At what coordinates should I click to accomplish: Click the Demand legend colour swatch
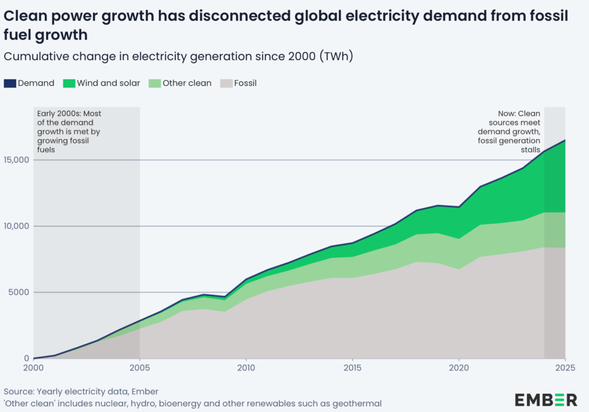[10, 83]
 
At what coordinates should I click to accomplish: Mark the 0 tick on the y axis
[26, 359]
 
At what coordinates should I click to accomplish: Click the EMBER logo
[546, 399]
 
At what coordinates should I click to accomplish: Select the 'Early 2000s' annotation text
[69, 132]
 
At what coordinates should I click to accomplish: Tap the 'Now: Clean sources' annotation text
[514, 132]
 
